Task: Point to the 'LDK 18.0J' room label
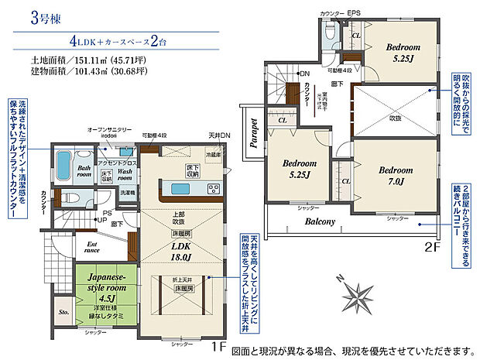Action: point(183,251)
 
